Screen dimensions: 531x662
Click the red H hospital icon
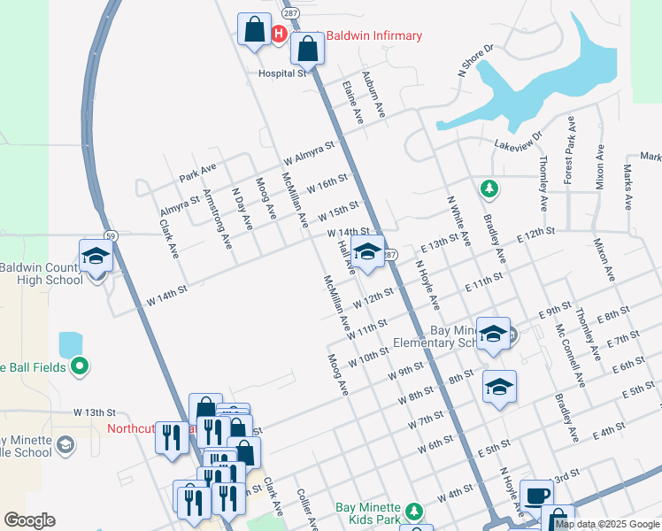click(278, 35)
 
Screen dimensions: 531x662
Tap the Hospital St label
click(281, 73)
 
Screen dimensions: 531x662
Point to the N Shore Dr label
click(474, 60)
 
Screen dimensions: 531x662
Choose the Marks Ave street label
click(627, 186)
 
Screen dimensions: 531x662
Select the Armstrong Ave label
click(219, 218)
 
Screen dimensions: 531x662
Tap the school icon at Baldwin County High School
click(96, 257)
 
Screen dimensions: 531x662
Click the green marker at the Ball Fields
click(80, 365)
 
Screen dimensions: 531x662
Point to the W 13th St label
click(96, 412)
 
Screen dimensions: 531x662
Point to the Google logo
click(29, 520)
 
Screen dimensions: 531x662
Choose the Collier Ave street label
click(307, 510)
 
